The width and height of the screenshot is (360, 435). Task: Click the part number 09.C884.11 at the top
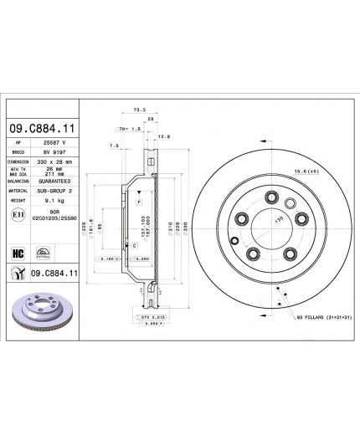coord(43,129)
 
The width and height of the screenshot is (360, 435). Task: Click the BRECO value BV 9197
coord(54,153)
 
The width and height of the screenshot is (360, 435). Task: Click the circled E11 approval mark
coord(18,216)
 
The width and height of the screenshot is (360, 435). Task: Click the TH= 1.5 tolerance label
coord(131,130)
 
